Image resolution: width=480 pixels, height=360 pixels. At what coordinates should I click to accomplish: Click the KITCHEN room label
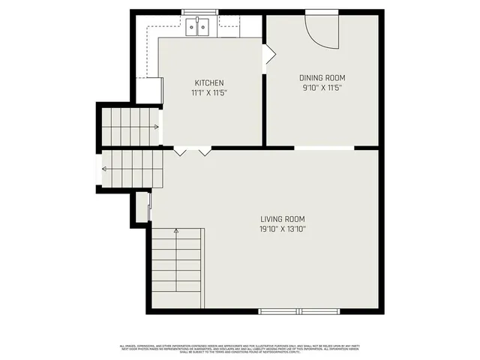[209, 82]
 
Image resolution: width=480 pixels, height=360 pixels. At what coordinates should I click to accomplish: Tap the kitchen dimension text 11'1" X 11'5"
[209, 92]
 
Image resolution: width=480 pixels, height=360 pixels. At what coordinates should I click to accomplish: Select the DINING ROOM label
[322, 77]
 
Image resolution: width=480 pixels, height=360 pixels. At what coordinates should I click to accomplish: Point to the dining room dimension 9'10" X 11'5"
[322, 87]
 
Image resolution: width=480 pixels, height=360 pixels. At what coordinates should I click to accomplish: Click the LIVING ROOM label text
[283, 219]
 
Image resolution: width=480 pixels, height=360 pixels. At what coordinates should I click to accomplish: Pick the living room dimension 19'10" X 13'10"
[283, 229]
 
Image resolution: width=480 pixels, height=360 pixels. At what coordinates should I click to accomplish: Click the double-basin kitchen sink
[199, 28]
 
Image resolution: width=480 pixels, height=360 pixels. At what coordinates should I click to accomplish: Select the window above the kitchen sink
[199, 11]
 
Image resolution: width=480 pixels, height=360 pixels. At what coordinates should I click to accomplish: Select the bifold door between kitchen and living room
[192, 151]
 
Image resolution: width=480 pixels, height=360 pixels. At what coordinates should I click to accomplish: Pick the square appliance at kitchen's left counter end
[149, 90]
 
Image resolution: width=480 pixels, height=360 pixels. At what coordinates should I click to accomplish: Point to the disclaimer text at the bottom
[240, 348]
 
